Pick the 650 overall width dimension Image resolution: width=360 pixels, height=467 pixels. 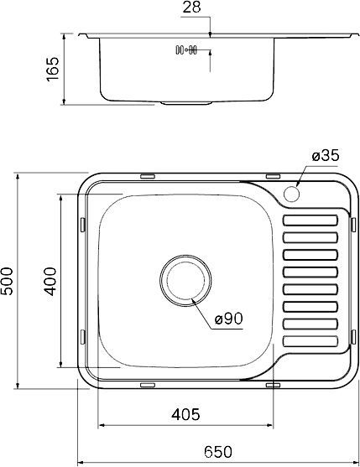(216, 451)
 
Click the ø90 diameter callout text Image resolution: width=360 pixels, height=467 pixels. (228, 319)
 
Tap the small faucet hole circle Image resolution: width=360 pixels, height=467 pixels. (292, 194)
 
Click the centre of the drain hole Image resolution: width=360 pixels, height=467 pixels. (184, 280)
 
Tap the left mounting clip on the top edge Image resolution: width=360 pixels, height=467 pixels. (148, 176)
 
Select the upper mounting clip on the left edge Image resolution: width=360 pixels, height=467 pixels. (82, 224)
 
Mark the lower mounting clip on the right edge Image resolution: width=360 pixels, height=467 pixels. (351, 336)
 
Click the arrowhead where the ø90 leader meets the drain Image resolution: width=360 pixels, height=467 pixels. (192, 298)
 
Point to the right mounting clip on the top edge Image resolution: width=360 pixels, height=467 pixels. (273, 176)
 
